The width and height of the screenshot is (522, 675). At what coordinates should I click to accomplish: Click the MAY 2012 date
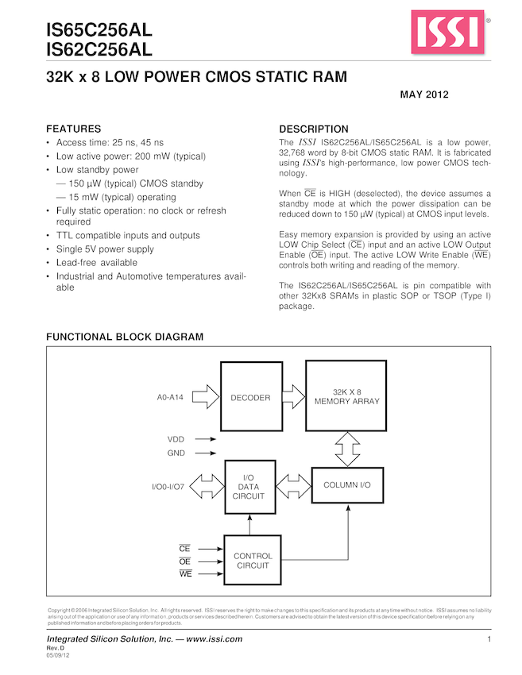pos(425,95)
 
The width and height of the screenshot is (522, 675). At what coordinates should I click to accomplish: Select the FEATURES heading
pos(73,129)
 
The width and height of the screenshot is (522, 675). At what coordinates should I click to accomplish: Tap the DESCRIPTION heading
pos(314,129)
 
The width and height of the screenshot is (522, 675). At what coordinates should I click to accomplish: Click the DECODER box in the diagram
pos(250,398)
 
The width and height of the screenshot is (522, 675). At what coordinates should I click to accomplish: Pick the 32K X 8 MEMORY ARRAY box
pos(346,396)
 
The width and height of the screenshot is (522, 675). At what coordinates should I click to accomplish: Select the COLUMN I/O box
pos(346,484)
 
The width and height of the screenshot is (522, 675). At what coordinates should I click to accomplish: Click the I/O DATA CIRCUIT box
pos(249,486)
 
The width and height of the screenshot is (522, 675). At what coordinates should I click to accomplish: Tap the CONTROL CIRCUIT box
pos(253,561)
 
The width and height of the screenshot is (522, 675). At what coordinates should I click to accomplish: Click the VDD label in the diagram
pos(175,439)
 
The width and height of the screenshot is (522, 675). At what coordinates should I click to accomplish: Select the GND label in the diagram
pos(176,453)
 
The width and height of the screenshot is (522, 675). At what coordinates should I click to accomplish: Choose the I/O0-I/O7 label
pos(168,486)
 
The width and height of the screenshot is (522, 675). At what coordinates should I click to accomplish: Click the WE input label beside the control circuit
pos(185,573)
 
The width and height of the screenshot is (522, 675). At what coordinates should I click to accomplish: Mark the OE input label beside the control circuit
pos(185,561)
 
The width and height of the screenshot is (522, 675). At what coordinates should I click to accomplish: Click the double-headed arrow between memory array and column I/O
pos(346,449)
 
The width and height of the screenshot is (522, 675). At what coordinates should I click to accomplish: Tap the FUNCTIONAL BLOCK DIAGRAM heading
pos(125,337)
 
